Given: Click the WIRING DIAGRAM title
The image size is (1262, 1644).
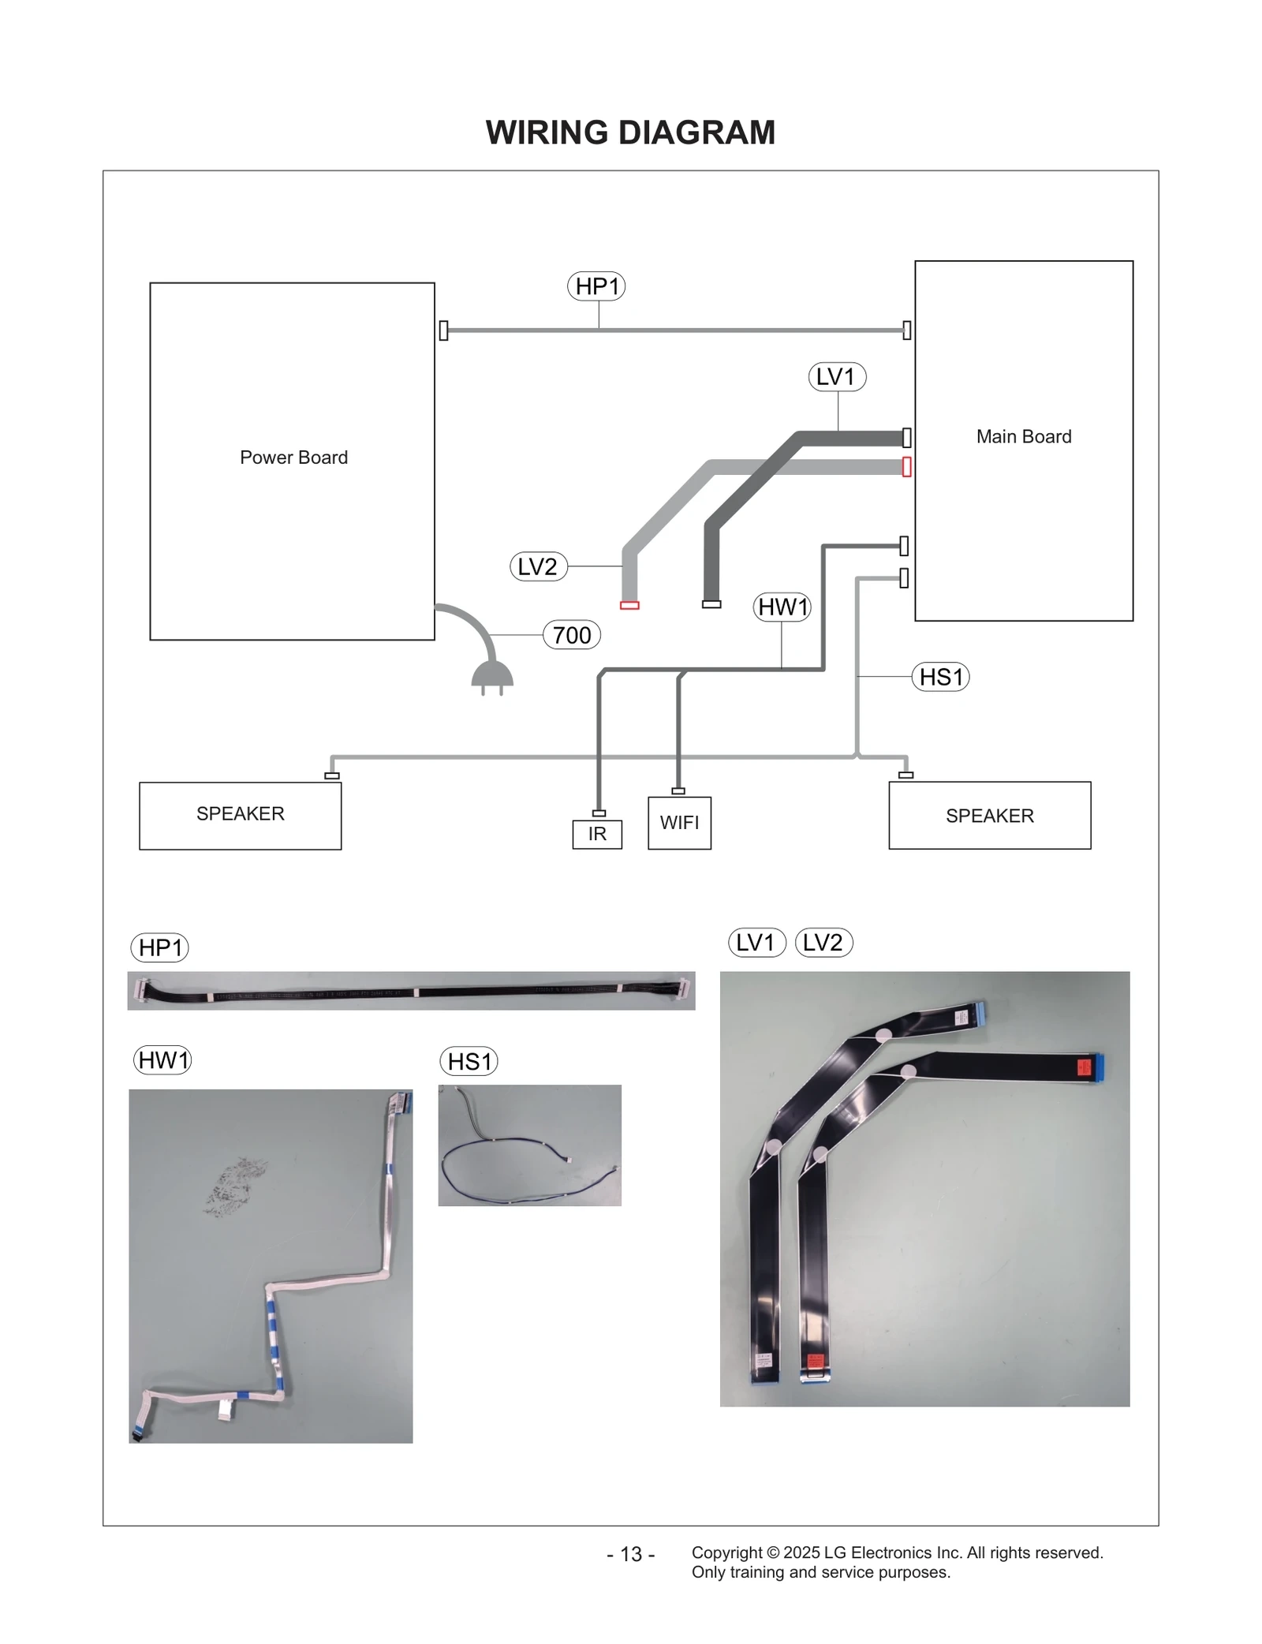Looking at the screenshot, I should [x=630, y=133].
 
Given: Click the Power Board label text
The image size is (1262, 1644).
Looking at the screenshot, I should [x=293, y=458].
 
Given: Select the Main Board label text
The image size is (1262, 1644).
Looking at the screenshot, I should [x=1023, y=436].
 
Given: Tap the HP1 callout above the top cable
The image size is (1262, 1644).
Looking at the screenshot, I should [x=596, y=286].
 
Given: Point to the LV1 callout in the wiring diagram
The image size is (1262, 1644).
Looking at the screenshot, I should [x=836, y=376].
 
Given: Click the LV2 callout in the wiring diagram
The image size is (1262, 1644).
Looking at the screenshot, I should [x=538, y=566].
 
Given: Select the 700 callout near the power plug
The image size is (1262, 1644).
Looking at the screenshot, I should [x=572, y=635].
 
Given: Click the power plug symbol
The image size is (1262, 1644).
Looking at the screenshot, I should [x=492, y=677].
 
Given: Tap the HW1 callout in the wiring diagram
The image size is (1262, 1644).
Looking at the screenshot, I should [x=782, y=607].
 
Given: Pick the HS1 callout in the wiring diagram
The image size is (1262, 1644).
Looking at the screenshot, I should [x=940, y=677].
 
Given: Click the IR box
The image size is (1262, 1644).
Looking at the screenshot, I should [x=597, y=834].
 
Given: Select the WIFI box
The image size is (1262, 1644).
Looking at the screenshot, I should [x=679, y=823].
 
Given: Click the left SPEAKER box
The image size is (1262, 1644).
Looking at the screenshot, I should [x=240, y=815].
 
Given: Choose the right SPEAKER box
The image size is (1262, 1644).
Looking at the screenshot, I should [x=989, y=816].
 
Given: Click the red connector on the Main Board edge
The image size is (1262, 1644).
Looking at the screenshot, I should [x=906, y=467].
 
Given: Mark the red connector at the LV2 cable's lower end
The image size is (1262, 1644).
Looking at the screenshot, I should [x=629, y=606].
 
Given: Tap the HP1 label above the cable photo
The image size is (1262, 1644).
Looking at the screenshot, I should [x=159, y=947].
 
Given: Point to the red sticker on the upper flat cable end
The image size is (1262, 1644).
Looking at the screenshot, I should [x=1084, y=1068].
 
